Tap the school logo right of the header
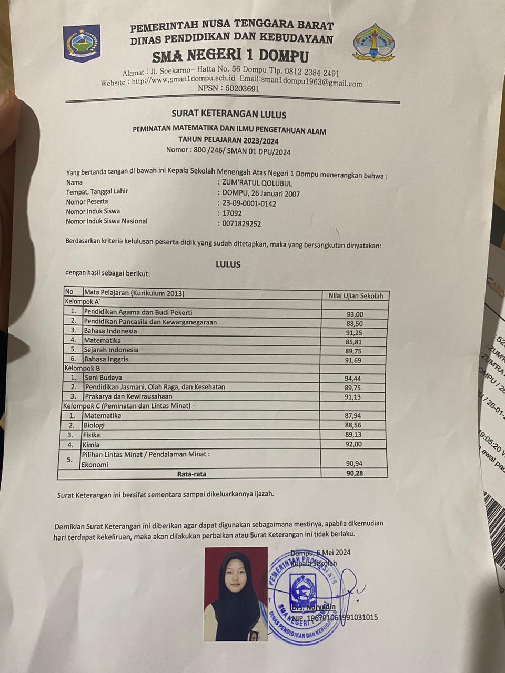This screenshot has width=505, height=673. click(x=374, y=43)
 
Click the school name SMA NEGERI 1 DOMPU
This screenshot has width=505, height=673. click(x=230, y=56)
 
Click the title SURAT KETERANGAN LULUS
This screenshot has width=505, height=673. click(x=229, y=114)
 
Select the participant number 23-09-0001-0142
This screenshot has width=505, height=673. click(x=249, y=203)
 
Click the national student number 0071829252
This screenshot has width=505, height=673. click(x=242, y=223)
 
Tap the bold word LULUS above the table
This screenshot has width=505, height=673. click(x=228, y=264)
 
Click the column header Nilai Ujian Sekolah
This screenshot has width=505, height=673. click(x=356, y=296)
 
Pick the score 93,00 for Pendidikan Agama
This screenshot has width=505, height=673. click(x=355, y=314)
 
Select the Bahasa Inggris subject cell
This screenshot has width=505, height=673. click(x=106, y=359)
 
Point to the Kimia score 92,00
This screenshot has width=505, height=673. click(x=353, y=444)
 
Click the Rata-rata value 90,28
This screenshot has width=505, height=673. click(x=353, y=474)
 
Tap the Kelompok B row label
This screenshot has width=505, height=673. click(x=82, y=368)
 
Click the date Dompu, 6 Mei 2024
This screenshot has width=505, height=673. click(x=320, y=553)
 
